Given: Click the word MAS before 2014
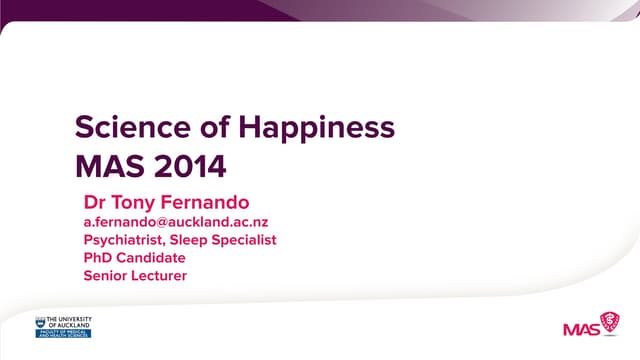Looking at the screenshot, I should coord(104,163).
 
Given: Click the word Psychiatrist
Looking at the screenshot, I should coord(126,240).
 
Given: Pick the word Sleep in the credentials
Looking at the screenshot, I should coord(194,240).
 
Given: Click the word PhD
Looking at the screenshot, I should coord(97,258).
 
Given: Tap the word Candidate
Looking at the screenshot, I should coord(150,258).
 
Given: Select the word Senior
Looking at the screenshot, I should coord(105,276).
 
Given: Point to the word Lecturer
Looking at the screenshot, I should coord(159,276).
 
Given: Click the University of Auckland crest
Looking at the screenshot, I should coord(41,322).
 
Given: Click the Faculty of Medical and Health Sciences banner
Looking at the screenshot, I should coord(63,334).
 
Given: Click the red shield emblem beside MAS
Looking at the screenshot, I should coord(608,322).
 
